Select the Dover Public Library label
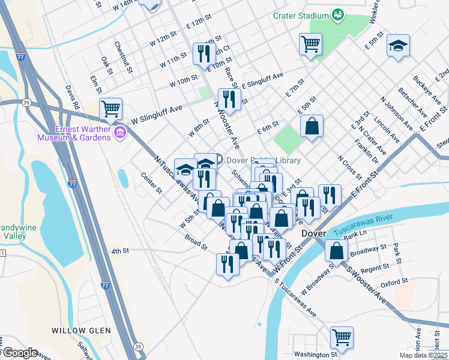click(253, 160)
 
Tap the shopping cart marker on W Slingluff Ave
click(111, 109)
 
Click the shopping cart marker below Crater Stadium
click(310, 43)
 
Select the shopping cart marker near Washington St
click(342, 337)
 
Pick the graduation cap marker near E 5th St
click(397, 46)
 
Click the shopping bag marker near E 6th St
click(312, 126)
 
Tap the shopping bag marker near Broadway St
click(337, 251)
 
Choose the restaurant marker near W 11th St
click(204, 53)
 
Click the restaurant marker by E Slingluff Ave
click(229, 99)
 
